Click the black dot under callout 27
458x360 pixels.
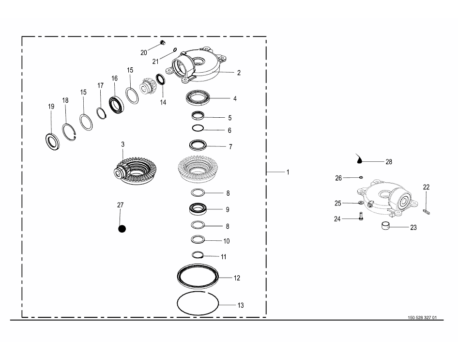[x=122, y=229]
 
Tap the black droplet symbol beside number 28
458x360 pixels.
[x=359, y=158]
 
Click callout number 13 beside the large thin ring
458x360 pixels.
[x=241, y=305]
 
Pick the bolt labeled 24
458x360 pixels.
[x=361, y=217]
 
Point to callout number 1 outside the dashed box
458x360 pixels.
[x=288, y=172]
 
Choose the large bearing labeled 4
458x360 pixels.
[x=198, y=98]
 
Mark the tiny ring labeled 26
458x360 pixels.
[x=361, y=177]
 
